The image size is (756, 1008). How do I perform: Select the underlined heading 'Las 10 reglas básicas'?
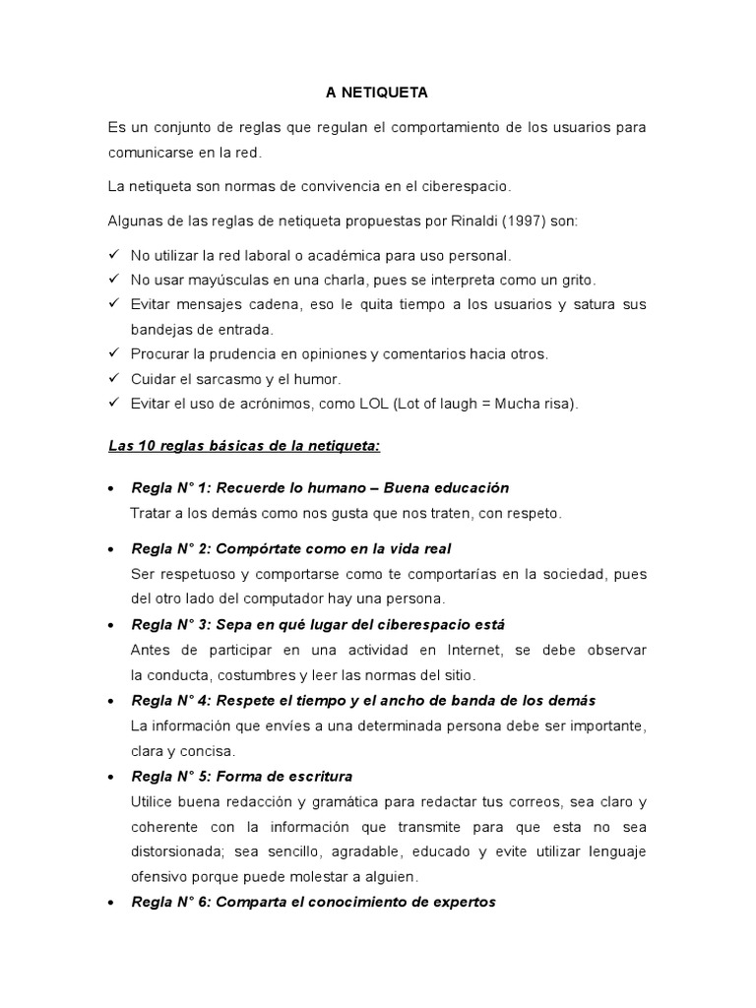coord(244,446)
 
